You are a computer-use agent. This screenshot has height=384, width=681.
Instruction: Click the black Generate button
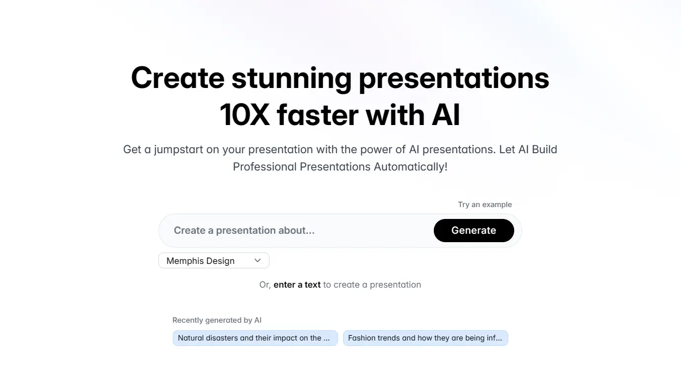click(474, 230)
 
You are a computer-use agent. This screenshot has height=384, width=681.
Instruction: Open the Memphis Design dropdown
click(214, 260)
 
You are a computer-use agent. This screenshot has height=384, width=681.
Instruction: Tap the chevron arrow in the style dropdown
click(258, 260)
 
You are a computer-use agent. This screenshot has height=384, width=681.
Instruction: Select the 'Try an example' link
click(485, 204)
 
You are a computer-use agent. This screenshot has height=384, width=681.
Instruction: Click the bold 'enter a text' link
click(297, 285)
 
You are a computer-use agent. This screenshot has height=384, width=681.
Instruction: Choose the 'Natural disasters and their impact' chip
click(255, 338)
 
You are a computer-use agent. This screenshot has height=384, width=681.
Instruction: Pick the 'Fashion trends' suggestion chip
click(425, 338)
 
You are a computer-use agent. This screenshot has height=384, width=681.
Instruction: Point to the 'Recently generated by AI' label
click(217, 320)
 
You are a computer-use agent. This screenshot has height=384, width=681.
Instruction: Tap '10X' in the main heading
click(245, 115)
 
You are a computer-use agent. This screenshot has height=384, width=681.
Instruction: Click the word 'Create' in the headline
click(178, 78)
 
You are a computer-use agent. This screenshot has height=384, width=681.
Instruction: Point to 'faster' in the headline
click(318, 115)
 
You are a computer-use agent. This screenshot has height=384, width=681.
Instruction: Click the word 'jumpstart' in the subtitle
click(179, 150)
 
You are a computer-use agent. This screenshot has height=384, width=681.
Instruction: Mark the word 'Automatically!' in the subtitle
click(411, 167)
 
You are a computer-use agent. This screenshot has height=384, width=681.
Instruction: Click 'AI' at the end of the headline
click(446, 115)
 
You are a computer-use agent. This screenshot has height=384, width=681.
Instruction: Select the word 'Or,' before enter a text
click(265, 285)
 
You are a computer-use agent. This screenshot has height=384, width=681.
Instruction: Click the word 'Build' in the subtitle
click(544, 150)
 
